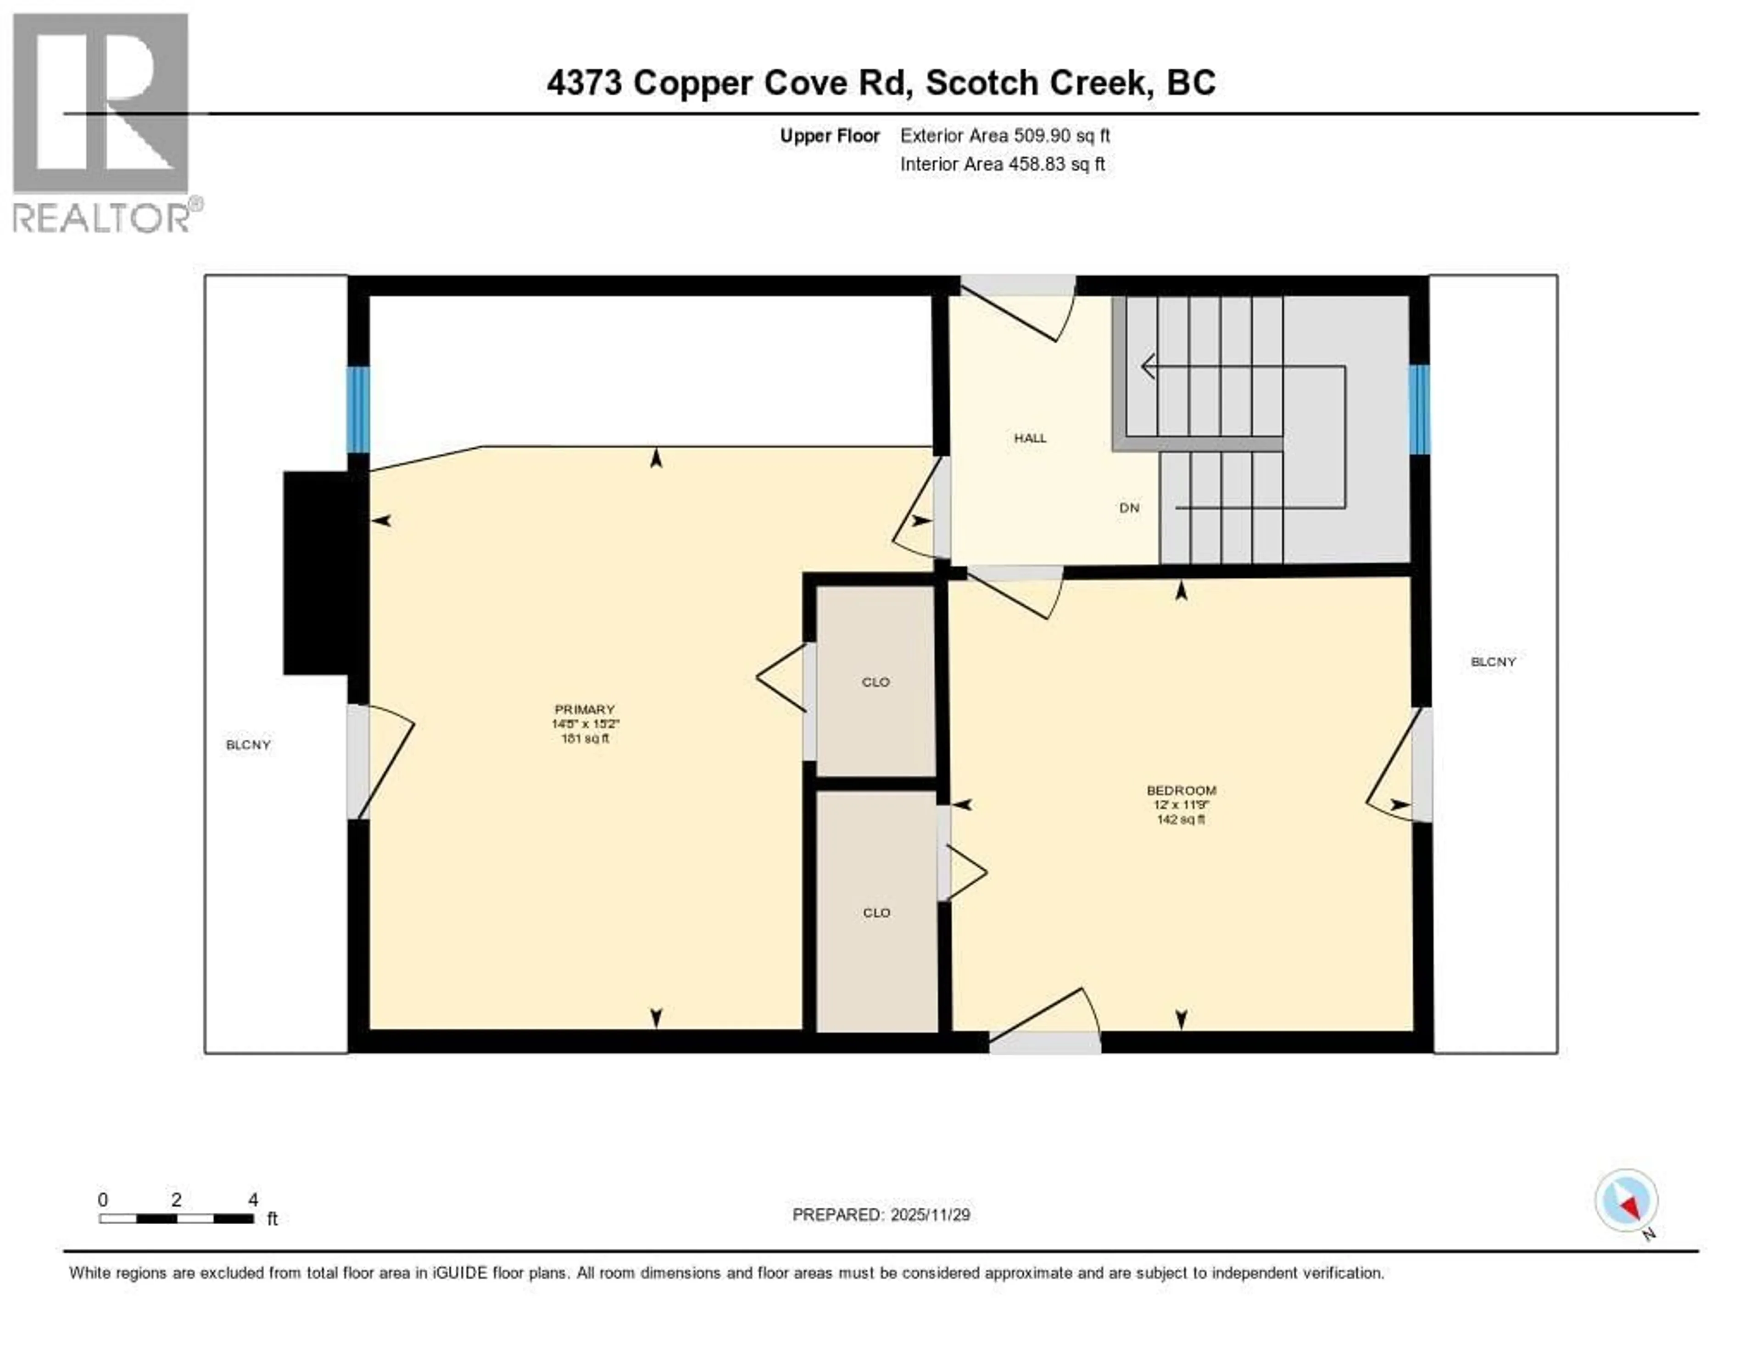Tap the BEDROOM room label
click(1181, 791)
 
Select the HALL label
click(1030, 438)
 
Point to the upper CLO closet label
click(875, 682)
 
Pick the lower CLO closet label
click(876, 912)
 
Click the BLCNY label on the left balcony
click(248, 745)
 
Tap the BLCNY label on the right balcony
click(1494, 662)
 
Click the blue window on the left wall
click(358, 409)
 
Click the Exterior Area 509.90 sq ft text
click(1004, 135)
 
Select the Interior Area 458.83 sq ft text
click(1002, 164)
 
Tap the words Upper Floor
click(829, 135)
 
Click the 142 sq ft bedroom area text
click(1181, 820)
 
